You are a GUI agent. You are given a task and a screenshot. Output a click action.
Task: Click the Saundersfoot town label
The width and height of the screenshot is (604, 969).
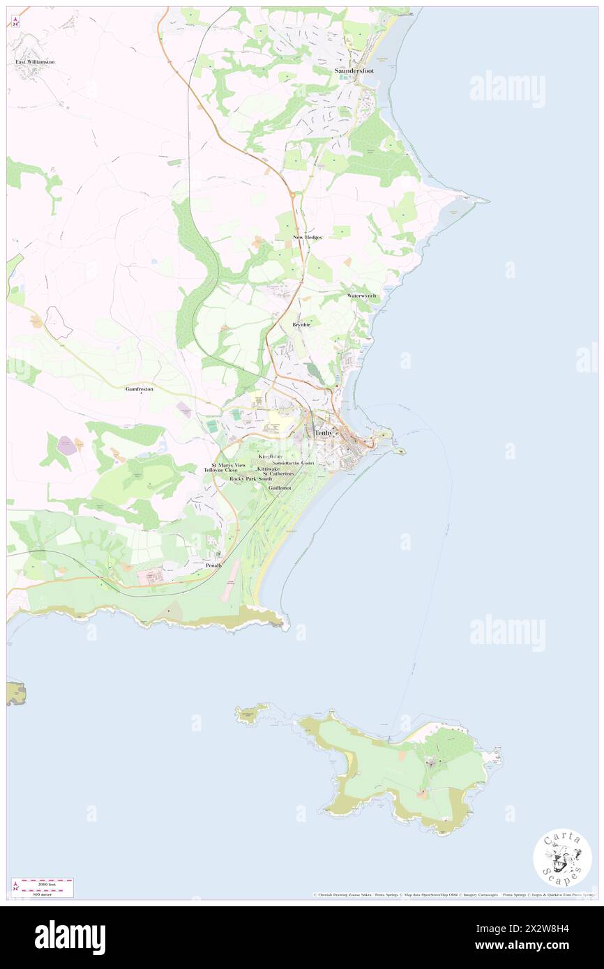tap(354, 70)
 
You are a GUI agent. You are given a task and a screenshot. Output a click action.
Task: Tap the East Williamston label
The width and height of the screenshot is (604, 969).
tap(35, 62)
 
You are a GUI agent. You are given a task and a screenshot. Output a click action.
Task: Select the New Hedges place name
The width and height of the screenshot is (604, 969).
tap(307, 238)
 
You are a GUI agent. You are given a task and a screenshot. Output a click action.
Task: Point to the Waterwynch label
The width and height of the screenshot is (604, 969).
tap(362, 296)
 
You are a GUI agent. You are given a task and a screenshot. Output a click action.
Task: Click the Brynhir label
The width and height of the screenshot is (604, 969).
tap(301, 325)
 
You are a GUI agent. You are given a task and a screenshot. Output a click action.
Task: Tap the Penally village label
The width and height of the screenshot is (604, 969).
tap(214, 565)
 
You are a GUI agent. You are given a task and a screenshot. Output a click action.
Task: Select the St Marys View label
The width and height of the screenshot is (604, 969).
tap(229, 464)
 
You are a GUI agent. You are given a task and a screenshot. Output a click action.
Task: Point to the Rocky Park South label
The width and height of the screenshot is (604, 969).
tap(251, 479)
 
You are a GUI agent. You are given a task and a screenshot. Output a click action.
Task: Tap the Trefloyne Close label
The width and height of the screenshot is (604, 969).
tap(220, 471)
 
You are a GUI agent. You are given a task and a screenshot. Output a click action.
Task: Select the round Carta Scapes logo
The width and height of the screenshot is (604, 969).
tap(562, 857)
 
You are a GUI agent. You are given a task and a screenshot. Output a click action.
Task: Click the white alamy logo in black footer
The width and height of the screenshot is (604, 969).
tap(70, 938)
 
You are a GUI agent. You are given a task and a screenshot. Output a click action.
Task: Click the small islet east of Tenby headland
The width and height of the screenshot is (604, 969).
tap(400, 451)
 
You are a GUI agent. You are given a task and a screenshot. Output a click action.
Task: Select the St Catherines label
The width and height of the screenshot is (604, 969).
tap(278, 474)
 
